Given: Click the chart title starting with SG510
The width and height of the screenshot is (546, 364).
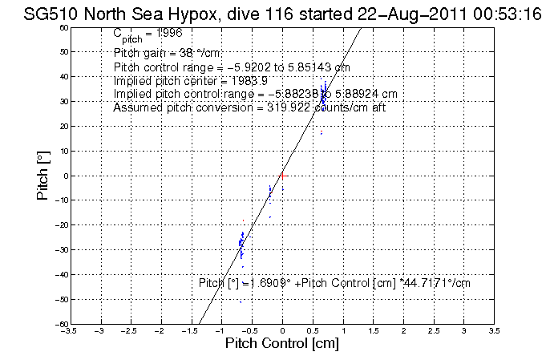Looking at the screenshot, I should pos(273,12).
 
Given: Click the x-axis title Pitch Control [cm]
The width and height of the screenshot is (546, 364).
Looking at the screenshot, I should pos(282,345).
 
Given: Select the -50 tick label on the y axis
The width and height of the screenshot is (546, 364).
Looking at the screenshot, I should pos(63,300).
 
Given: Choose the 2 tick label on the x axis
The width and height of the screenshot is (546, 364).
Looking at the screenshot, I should pos(404,330).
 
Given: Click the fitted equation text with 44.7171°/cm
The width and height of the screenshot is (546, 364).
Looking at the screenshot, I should pos(334,283).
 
